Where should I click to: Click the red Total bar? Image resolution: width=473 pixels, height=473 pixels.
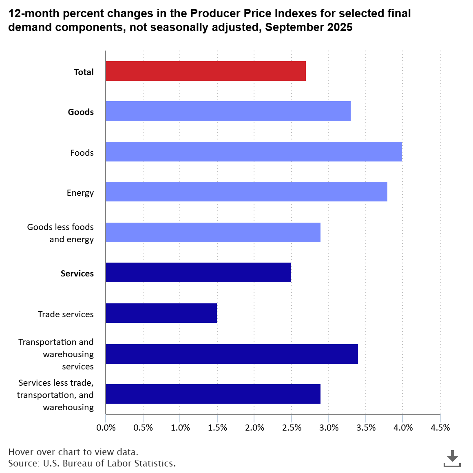coord(206,71)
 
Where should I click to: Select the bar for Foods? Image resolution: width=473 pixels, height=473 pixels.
coord(254,152)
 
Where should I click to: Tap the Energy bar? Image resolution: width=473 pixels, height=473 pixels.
coord(246,192)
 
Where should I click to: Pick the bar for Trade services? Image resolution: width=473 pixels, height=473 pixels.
coord(161,313)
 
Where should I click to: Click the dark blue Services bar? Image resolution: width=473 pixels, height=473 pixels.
coord(198,272)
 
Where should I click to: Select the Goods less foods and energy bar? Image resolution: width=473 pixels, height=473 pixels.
coord(213,232)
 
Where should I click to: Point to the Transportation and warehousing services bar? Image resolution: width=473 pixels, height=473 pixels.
coord(232,354)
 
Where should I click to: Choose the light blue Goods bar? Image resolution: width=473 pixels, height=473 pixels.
coord(228,111)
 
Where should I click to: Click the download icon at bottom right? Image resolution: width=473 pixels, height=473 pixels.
coord(452,459)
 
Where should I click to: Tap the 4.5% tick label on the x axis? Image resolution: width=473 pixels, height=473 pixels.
coord(440,428)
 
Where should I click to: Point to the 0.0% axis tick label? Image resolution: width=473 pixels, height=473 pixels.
coord(106,428)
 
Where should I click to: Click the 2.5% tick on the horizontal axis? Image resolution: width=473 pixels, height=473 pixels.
coord(292,428)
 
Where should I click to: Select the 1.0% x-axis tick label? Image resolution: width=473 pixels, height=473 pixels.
coord(180,428)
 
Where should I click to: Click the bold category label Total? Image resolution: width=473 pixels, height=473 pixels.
coord(84,72)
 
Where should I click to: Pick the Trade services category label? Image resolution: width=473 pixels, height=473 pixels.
coord(66,314)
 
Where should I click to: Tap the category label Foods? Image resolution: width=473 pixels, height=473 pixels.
coord(82,153)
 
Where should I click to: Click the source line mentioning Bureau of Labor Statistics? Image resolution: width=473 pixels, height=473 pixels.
coord(92,463)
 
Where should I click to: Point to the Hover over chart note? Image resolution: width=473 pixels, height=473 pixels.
coord(73,452)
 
